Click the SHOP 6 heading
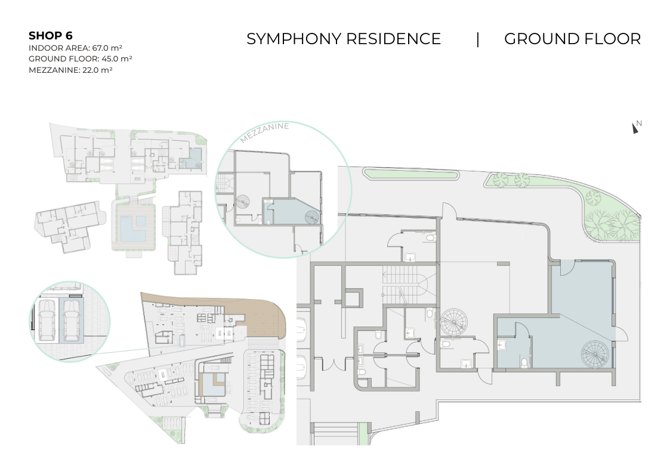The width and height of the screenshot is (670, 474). tap(51, 35)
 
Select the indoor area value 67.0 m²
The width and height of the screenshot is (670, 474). tap(107, 48)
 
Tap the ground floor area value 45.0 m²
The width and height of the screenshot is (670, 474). tap(117, 59)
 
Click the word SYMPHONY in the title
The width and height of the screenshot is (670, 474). tap(294, 39)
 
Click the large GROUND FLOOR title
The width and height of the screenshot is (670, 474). tap(573, 39)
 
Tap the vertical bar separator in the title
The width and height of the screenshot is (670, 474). tap(478, 39)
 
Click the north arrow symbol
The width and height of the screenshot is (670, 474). tap(635, 128)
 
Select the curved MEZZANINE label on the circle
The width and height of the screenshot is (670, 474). tap(264, 132)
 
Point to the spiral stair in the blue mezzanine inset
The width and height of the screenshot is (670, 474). tap(312, 217)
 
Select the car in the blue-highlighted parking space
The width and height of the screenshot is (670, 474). tap(72, 320)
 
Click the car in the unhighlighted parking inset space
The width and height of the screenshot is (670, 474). tap(46, 320)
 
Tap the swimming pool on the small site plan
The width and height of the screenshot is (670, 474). tap(132, 227)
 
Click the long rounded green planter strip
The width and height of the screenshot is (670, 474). tap(410, 174)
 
